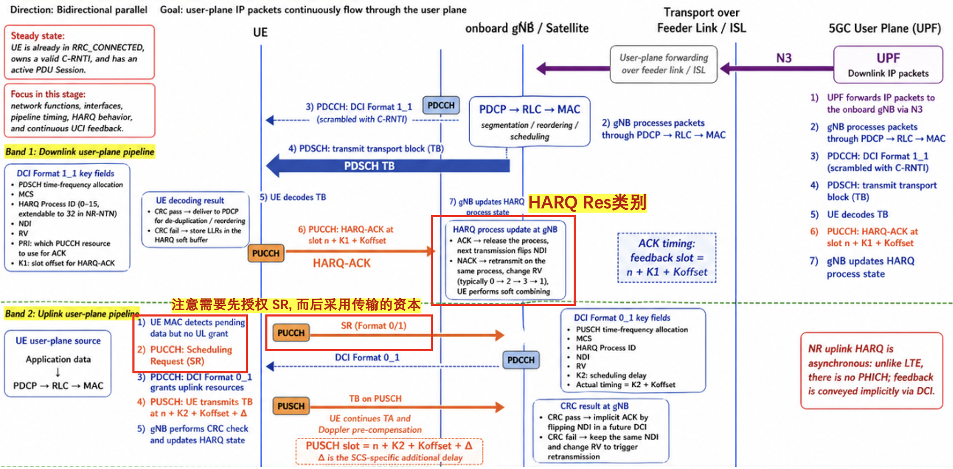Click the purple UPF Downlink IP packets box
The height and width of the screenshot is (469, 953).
(x=888, y=65)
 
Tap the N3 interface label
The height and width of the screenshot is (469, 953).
(x=784, y=58)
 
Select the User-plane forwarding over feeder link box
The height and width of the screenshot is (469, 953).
(x=664, y=64)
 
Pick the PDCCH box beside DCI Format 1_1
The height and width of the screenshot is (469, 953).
(x=441, y=106)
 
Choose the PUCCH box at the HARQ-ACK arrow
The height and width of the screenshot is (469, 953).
(x=266, y=253)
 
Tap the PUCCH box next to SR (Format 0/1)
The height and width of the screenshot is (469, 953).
(x=291, y=333)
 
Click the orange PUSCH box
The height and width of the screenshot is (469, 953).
(x=291, y=406)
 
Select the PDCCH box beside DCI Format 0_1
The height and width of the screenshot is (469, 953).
(x=521, y=360)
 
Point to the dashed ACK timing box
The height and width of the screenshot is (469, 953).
(x=667, y=258)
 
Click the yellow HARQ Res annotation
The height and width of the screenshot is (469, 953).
(x=587, y=202)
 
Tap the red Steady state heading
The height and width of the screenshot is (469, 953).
(x=38, y=36)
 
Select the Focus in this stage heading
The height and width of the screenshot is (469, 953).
(x=48, y=94)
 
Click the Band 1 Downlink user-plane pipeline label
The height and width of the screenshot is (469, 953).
(x=80, y=152)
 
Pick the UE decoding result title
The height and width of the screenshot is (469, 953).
(x=190, y=200)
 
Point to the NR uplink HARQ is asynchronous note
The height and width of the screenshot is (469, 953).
(x=871, y=370)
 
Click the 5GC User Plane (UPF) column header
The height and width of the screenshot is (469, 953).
(x=885, y=28)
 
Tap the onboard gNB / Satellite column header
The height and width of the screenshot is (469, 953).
(x=527, y=28)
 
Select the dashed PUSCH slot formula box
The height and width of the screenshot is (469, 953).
(x=389, y=451)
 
